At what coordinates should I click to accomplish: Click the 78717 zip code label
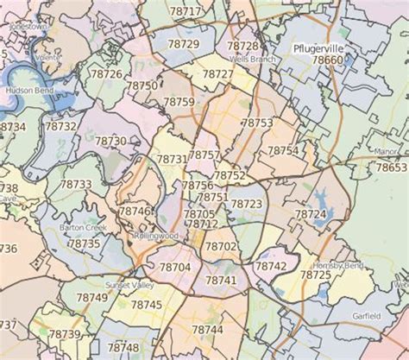tap(186, 11)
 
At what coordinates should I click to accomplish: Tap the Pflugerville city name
tap(318, 48)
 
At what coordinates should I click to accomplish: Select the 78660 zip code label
tap(328, 60)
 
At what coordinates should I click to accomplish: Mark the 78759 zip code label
tap(179, 102)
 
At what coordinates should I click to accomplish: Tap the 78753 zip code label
tap(257, 123)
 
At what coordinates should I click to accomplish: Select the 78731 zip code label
tap(171, 160)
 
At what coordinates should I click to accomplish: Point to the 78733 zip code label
tap(76, 184)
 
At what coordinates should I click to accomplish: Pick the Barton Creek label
tap(82, 227)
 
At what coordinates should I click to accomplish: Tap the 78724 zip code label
tap(311, 213)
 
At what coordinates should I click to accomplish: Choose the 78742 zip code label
tap(271, 267)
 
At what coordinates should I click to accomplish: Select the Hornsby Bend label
tap(335, 262)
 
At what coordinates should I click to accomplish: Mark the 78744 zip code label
tap(207, 329)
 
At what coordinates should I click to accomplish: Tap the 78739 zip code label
tap(64, 333)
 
